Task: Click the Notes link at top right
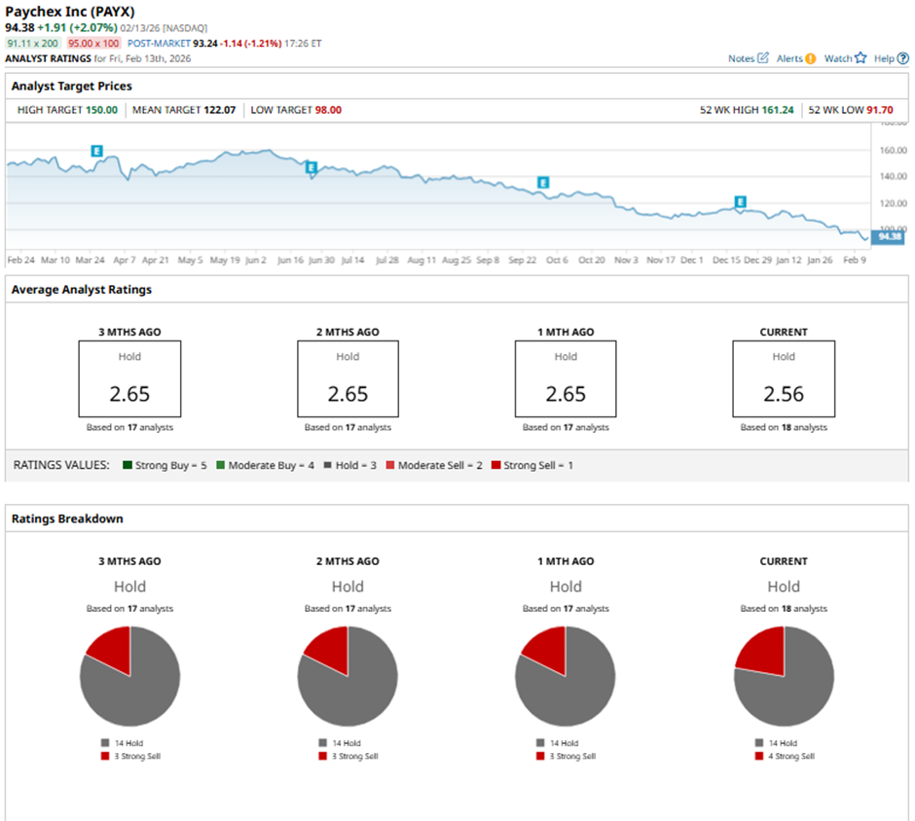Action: pyautogui.click(x=748, y=58)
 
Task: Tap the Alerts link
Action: pyautogui.click(x=795, y=58)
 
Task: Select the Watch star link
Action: pyautogui.click(x=844, y=58)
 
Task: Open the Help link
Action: pyautogui.click(x=890, y=58)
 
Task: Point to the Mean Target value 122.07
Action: pyautogui.click(x=222, y=110)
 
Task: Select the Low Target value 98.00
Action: pyautogui.click(x=328, y=110)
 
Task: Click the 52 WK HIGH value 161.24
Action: pyautogui.click(x=775, y=110)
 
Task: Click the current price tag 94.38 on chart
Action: pyautogui.click(x=890, y=236)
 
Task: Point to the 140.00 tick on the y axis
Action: pyautogui.click(x=893, y=177)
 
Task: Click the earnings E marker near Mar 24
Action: pyautogui.click(x=97, y=151)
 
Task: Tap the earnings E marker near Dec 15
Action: pyautogui.click(x=740, y=202)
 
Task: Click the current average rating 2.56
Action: pyautogui.click(x=784, y=394)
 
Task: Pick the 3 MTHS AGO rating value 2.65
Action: pyautogui.click(x=129, y=394)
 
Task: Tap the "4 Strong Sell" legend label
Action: pyautogui.click(x=788, y=756)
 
